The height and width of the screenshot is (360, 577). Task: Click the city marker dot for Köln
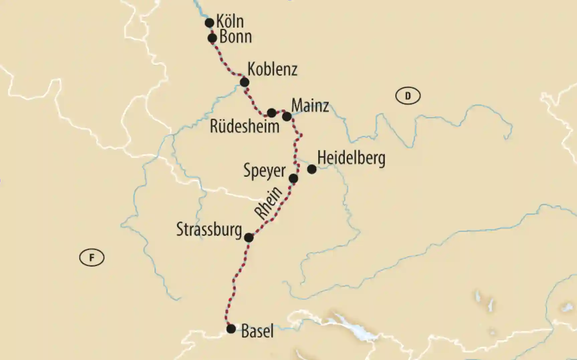(x=209, y=23)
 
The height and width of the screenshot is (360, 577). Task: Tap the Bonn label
(x=236, y=37)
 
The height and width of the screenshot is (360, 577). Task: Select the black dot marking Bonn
(x=212, y=38)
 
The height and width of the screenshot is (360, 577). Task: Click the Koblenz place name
(x=272, y=70)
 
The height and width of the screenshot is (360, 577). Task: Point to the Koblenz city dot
(x=245, y=82)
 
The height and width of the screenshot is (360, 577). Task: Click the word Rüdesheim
(x=245, y=127)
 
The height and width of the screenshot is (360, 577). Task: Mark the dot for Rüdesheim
(x=272, y=113)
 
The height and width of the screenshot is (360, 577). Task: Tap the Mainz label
(x=310, y=106)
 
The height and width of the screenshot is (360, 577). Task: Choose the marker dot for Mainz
(x=287, y=117)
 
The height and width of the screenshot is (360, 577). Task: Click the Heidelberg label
(x=351, y=158)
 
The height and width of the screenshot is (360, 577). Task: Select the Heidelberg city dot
(x=311, y=169)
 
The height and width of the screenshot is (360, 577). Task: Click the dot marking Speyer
(x=293, y=178)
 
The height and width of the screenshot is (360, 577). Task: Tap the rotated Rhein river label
(x=268, y=203)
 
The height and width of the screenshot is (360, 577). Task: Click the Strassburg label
(x=209, y=230)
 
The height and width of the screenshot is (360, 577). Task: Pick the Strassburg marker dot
(x=249, y=238)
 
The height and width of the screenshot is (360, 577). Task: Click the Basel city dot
(x=231, y=329)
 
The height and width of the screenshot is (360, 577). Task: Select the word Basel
(x=257, y=331)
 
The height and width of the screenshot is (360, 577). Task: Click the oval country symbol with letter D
(x=408, y=96)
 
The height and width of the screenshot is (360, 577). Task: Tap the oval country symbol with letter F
(x=92, y=258)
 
